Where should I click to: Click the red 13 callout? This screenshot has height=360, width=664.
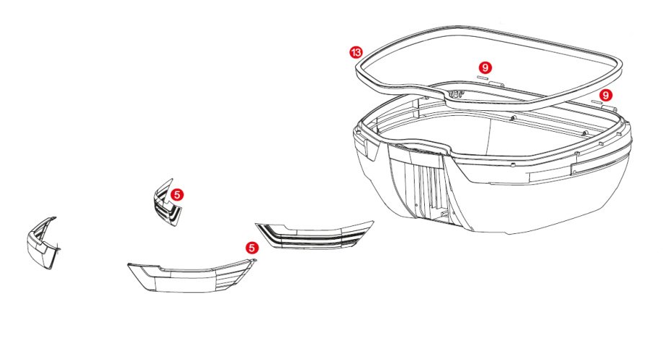coord(356,52)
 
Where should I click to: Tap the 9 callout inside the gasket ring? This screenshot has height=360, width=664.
coord(485,68)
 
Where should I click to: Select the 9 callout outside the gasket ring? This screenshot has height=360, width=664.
coord(606,95)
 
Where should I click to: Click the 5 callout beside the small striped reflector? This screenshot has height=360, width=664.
coord(177,195)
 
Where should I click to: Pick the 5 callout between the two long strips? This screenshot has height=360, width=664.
coord(252,248)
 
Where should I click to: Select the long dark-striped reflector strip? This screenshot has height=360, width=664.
coord(313,235)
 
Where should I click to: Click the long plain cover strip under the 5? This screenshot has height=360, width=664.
coord(191,277)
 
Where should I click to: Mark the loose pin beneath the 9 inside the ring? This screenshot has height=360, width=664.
coord(483,78)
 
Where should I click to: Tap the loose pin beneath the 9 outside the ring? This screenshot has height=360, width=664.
coord(597,102)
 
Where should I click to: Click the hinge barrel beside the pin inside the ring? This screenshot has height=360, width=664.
coord(496,84)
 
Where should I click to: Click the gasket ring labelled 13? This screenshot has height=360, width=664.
coord(360,72)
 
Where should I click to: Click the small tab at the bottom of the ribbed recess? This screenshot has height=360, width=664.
coord(444,215)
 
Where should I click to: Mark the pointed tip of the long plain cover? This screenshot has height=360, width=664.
coord(128,265)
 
